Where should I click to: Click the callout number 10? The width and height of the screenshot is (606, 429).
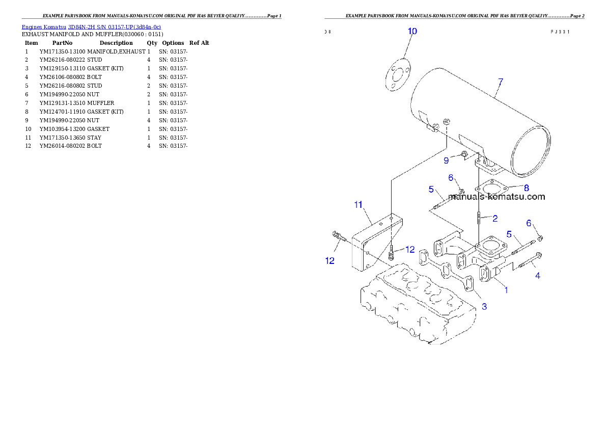tap(412, 31)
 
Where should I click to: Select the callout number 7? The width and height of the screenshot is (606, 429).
tap(500, 82)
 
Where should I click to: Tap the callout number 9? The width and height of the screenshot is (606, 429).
tap(446, 161)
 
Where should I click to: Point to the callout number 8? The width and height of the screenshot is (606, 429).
tap(527, 188)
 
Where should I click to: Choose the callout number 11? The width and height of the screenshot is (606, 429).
tap(358, 205)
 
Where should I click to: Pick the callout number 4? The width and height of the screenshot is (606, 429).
tap(537, 276)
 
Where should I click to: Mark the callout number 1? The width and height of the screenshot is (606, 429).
tap(506, 290)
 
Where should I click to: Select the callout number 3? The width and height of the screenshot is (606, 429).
tap(484, 306)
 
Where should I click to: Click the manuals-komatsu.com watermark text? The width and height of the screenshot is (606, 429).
tap(497, 197)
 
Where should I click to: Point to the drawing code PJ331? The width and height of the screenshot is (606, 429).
tap(560, 31)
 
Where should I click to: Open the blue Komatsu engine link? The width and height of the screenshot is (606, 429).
tap(91, 27)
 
